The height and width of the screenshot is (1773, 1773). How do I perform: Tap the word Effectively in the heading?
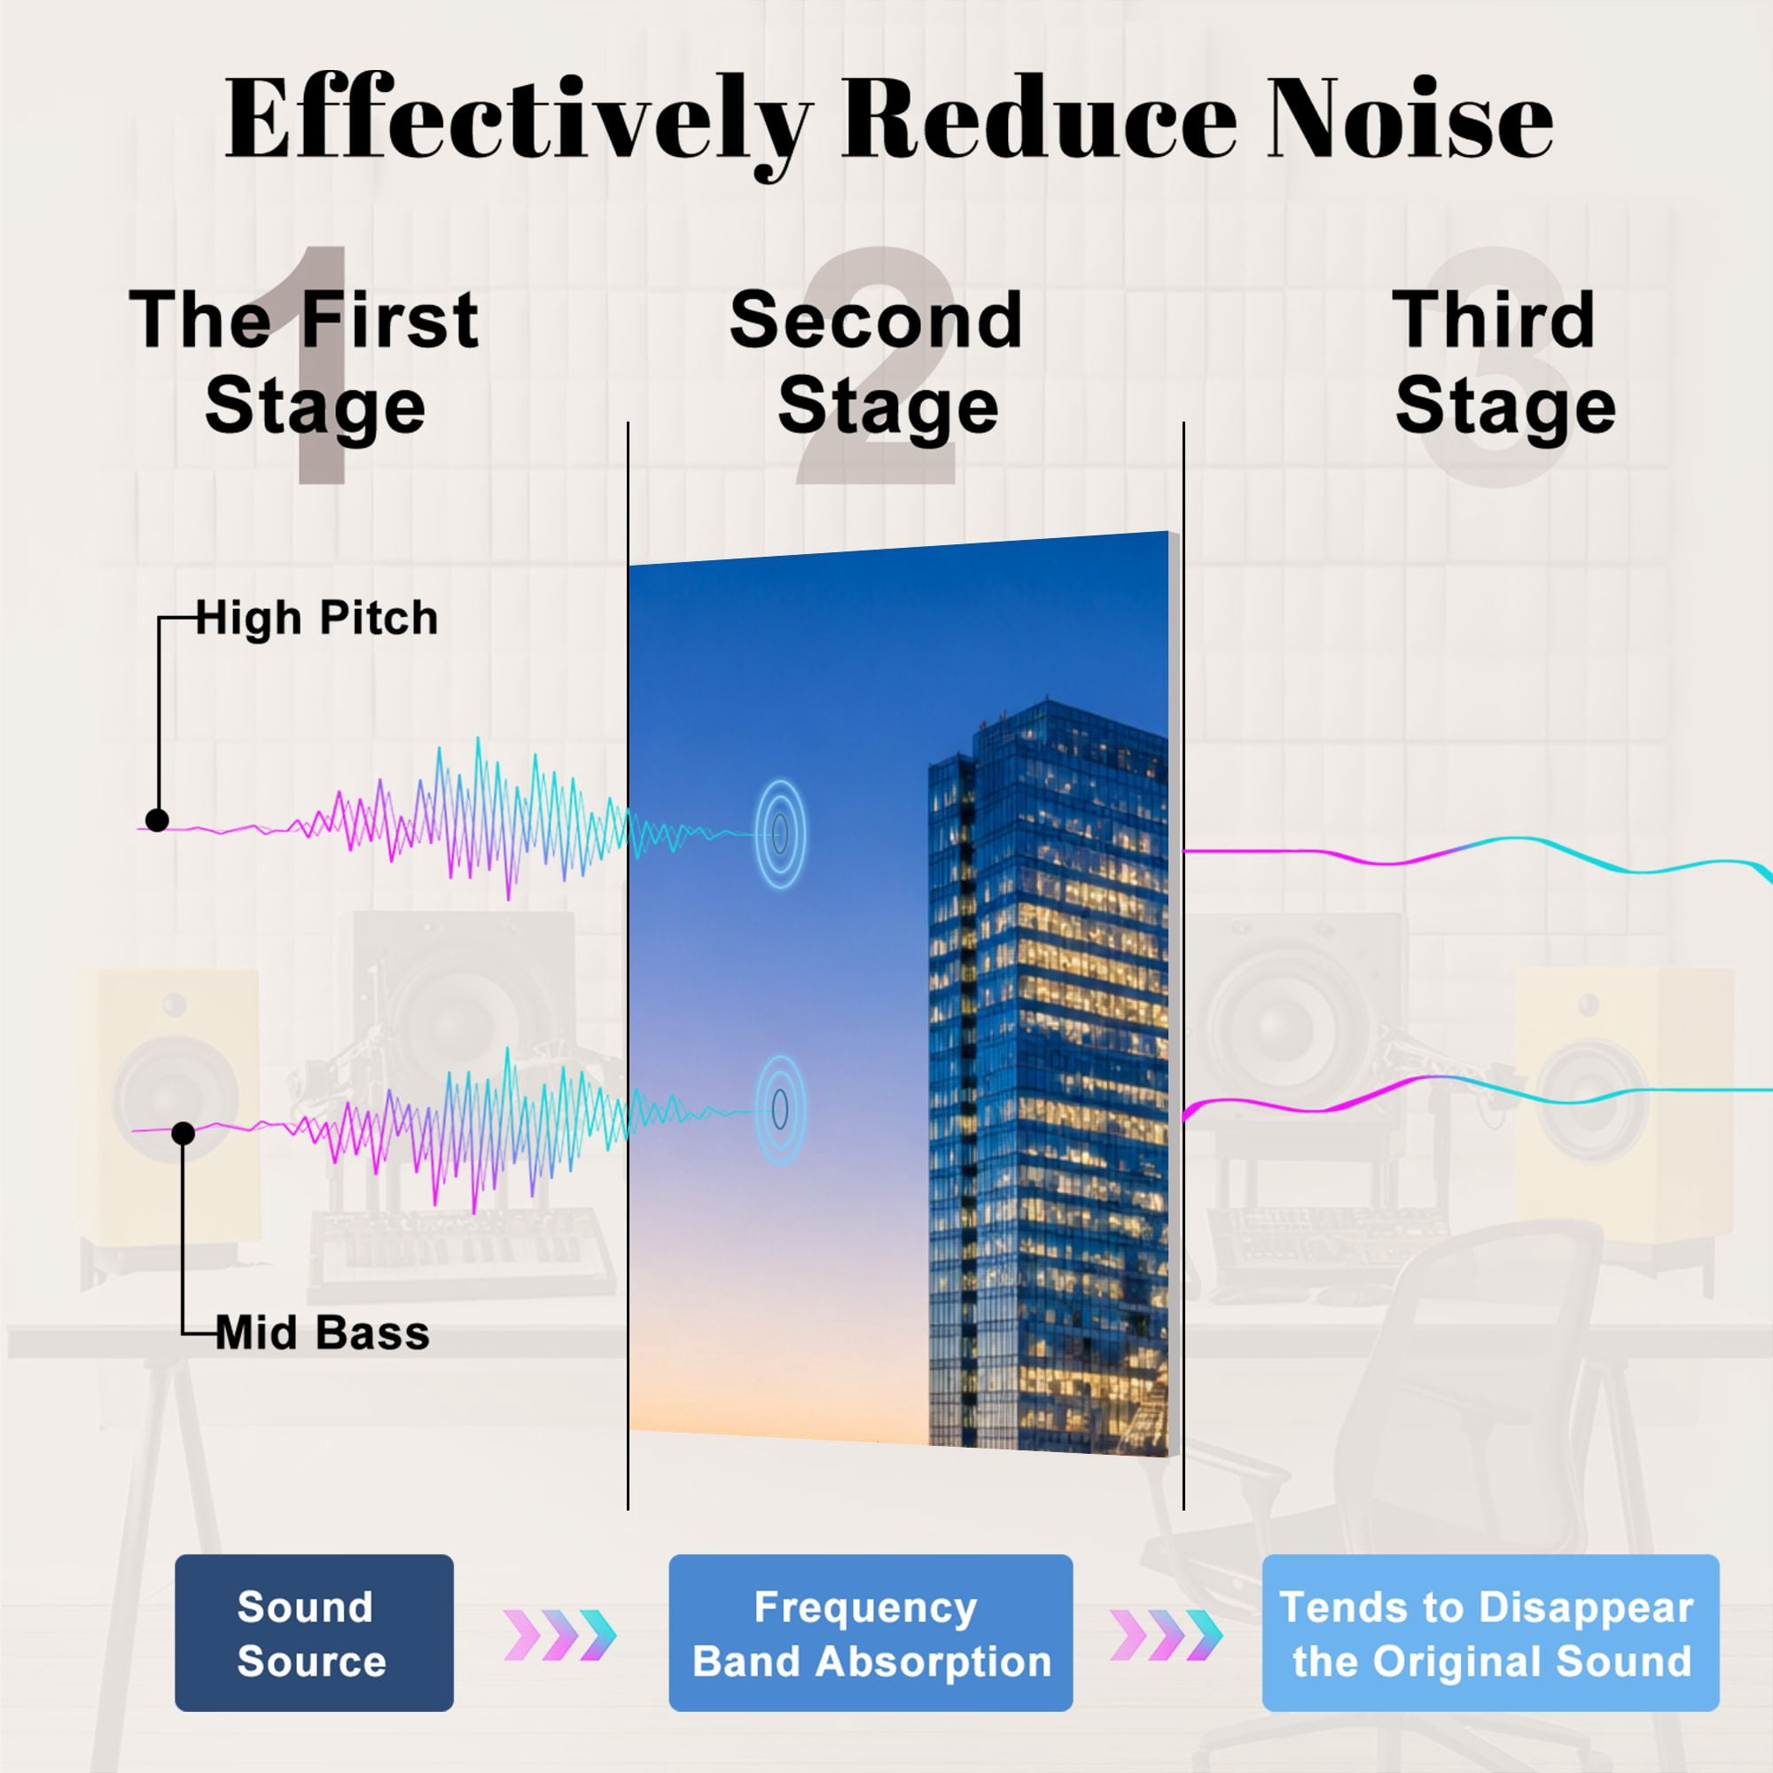pyautogui.click(x=519, y=125)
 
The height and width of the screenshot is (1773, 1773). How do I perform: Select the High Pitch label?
pyautogui.click(x=316, y=619)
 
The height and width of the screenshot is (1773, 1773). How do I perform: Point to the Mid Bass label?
pyautogui.click(x=323, y=1333)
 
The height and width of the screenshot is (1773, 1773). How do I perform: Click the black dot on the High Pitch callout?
pyautogui.click(x=157, y=820)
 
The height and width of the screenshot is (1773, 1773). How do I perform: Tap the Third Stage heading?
pyautogui.click(x=1503, y=363)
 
